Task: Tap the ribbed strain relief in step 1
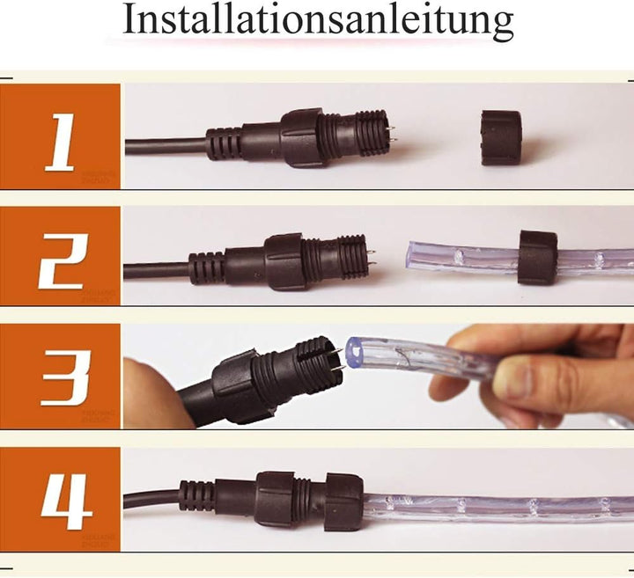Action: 225,143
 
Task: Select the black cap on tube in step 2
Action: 536,257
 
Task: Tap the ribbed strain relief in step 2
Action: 207,266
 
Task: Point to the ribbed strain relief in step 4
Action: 196,496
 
